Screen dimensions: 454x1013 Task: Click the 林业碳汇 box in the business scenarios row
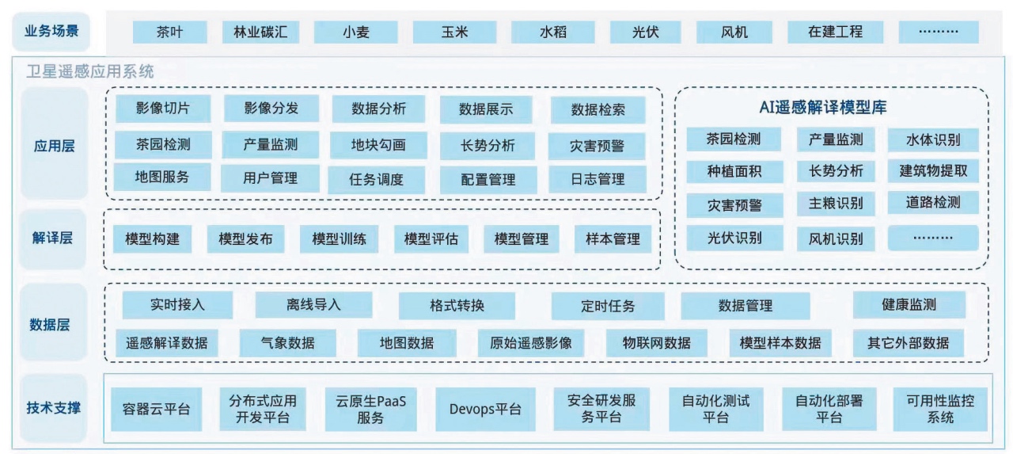tap(260, 32)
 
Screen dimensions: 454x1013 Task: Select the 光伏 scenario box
tap(645, 32)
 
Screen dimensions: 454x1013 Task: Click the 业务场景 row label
tap(51, 32)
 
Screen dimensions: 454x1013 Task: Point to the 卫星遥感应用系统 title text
tap(91, 71)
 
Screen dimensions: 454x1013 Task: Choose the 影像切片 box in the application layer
tap(162, 109)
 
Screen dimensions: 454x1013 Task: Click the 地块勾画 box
tap(378, 145)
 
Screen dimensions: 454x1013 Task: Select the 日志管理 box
tap(598, 179)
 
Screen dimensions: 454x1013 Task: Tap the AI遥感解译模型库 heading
tap(830, 109)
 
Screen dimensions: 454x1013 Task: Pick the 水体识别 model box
tap(933, 140)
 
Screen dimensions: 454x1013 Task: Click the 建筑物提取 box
tap(933, 170)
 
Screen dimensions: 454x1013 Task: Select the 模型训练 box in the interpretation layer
tap(339, 238)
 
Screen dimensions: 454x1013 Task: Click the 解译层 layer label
tap(52, 238)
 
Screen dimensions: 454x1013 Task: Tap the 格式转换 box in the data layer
tap(457, 305)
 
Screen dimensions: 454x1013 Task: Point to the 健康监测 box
tap(909, 304)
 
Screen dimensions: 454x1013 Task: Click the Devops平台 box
tap(485, 409)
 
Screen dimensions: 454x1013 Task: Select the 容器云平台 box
tap(156, 409)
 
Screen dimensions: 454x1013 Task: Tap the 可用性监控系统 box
tap(940, 409)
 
